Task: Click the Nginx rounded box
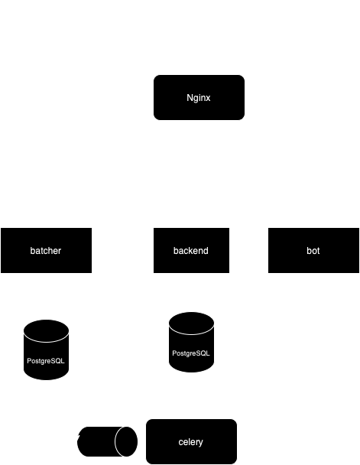pyautogui.click(x=199, y=98)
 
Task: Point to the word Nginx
pyautogui.click(x=199, y=98)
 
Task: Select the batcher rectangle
pyautogui.click(x=46, y=250)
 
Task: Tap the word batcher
pyautogui.click(x=46, y=251)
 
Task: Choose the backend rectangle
pyautogui.click(x=191, y=250)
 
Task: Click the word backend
pyautogui.click(x=191, y=251)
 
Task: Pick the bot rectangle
pyautogui.click(x=314, y=250)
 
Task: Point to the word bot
pyautogui.click(x=313, y=251)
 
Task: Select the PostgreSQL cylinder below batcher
pyautogui.click(x=46, y=350)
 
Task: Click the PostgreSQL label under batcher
pyautogui.click(x=46, y=361)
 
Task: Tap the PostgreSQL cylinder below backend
pyautogui.click(x=191, y=342)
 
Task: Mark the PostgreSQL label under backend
pyautogui.click(x=191, y=353)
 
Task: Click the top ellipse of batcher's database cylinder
pyautogui.click(x=46, y=331)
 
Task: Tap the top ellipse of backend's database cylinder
pyautogui.click(x=191, y=324)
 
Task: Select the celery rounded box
pyautogui.click(x=191, y=441)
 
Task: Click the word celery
pyautogui.click(x=191, y=442)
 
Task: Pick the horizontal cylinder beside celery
pyautogui.click(x=107, y=441)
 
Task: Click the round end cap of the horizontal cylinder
pyautogui.click(x=126, y=441)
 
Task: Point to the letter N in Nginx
pyautogui.click(x=190, y=98)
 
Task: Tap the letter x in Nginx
pyautogui.click(x=209, y=99)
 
